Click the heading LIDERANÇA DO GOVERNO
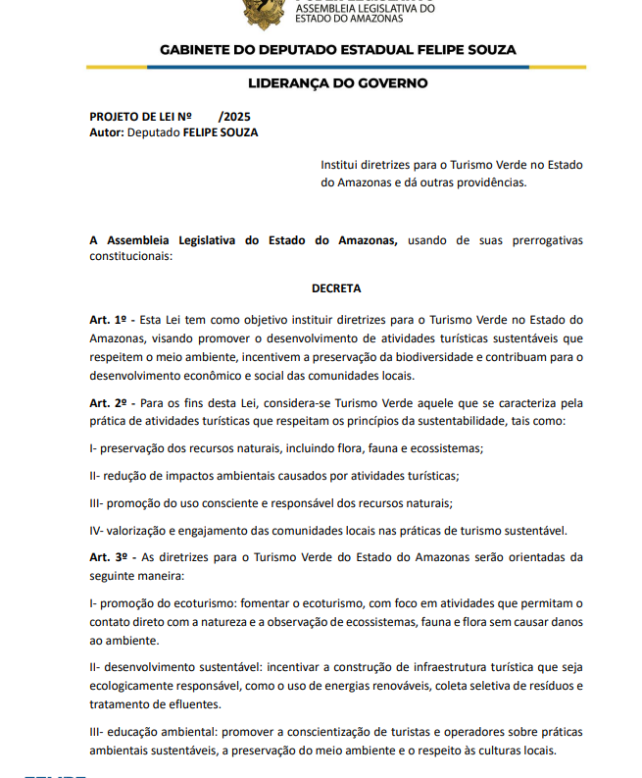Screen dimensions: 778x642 tap(338, 83)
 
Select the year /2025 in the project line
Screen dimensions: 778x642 tap(235, 116)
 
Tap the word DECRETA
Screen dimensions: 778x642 tap(336, 288)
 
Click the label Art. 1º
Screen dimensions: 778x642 tap(109, 320)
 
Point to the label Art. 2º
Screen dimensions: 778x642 tap(109, 403)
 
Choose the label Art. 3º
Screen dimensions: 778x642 tap(109, 556)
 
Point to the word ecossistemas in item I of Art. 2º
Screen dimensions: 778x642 tap(448, 448)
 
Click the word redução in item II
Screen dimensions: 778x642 tap(124, 476)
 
